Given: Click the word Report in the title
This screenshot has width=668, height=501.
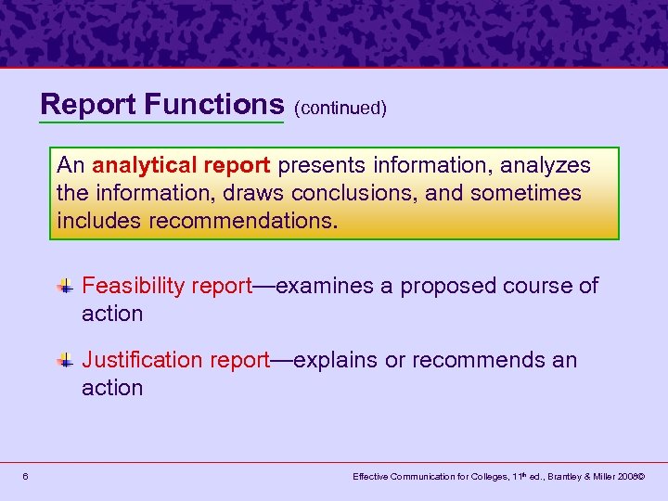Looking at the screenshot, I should [x=89, y=104].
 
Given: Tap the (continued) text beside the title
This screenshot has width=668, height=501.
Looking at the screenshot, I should [x=340, y=108].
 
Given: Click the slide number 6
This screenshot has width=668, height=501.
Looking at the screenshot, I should [x=25, y=477].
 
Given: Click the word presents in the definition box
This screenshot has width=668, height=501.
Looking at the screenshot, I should [x=315, y=165].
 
